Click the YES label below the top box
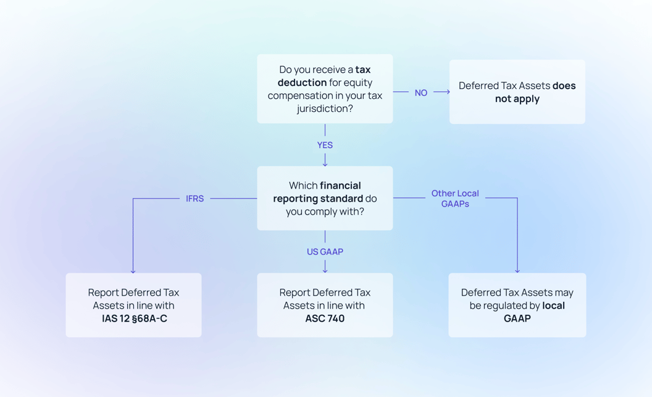325,145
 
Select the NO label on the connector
421,93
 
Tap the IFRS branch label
194,198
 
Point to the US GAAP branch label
325,252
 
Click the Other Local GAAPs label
455,198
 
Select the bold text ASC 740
325,318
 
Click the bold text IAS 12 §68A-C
135,318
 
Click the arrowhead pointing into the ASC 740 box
325,270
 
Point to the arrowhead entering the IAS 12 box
133,270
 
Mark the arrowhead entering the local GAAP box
517,270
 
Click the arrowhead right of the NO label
447,92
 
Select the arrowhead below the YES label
325,163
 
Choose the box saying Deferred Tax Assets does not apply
517,92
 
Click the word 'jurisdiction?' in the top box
325,109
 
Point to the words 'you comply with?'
325,211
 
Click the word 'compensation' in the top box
298,96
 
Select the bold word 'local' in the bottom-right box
553,305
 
